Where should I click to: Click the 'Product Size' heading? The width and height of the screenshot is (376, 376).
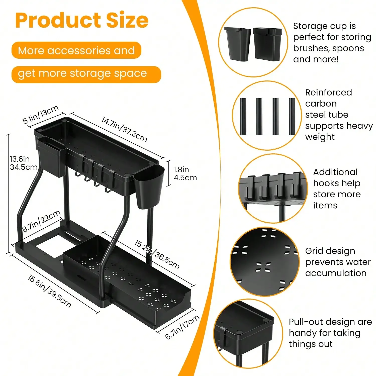pos(82,20)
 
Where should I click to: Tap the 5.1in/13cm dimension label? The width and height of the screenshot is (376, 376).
pos(41,115)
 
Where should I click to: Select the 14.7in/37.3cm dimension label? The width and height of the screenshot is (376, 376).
pos(124,129)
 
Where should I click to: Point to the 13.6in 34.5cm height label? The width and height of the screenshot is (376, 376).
pos(24,163)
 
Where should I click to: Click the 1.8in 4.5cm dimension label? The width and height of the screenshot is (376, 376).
pos(185,173)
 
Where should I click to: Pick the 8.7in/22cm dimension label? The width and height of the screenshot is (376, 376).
pos(41,221)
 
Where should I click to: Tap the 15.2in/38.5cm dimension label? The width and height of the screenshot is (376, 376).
pos(157,254)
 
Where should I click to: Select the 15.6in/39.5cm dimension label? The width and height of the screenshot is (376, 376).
pos(49,291)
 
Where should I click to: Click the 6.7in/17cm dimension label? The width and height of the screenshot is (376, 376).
pos(182,327)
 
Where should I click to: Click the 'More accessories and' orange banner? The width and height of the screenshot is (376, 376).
pos(76,50)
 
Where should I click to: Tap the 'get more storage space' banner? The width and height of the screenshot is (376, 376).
pos(86,74)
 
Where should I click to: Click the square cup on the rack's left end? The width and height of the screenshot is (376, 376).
pos(51,157)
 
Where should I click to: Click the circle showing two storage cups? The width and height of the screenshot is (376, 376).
pos(253,42)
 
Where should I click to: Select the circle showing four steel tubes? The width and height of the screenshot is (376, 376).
pos(267,116)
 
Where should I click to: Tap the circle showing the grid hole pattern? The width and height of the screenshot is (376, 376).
pos(265,262)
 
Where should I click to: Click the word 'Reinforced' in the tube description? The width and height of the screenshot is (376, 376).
pos(328,92)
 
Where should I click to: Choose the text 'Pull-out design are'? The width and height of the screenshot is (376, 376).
pos(330,322)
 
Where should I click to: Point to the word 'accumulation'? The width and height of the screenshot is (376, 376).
pos(336,273)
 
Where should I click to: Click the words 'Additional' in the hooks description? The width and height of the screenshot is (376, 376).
pos(335,172)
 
